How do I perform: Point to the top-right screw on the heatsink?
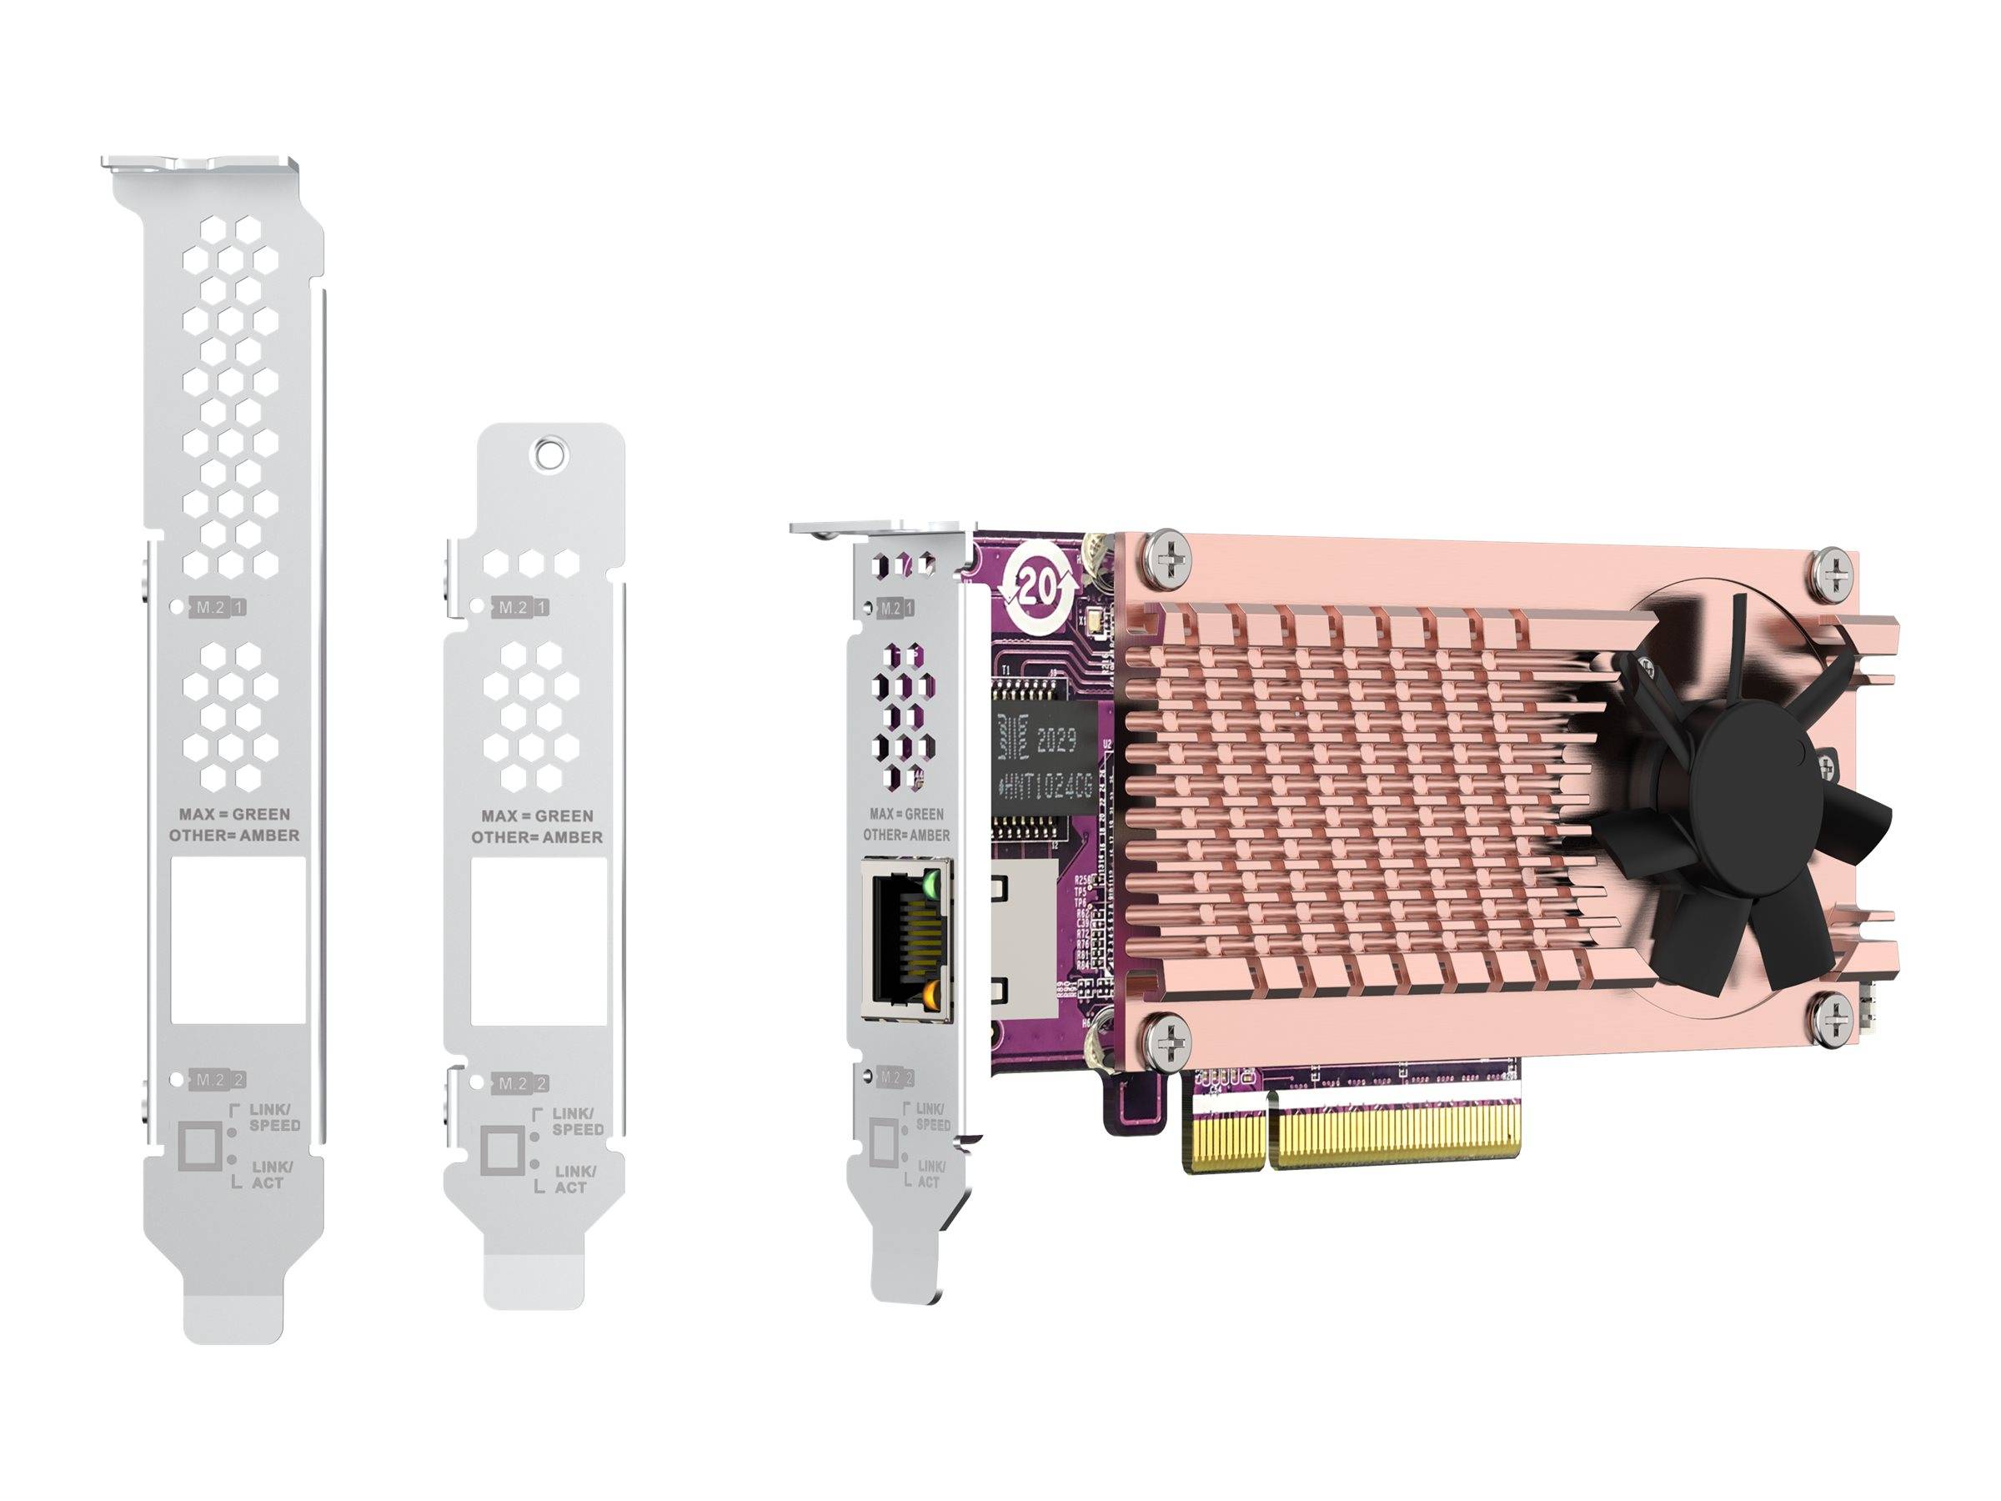pyautogui.click(x=1838, y=573)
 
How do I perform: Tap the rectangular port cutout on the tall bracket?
pyautogui.click(x=238, y=940)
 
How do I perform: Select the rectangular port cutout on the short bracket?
pyautogui.click(x=539, y=941)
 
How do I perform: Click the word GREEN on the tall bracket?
pyautogui.click(x=262, y=814)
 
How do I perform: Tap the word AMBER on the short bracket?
pyautogui.click(x=572, y=838)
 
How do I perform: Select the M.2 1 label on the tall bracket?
pyautogui.click(x=218, y=608)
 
